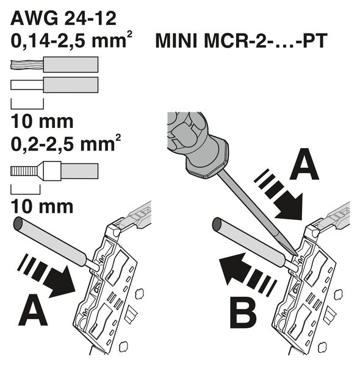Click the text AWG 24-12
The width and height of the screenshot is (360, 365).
coord(63,18)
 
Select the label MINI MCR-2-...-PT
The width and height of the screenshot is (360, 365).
coord(241,41)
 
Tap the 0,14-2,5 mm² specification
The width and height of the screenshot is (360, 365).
coord(71,40)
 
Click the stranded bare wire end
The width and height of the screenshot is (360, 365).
coord(27,65)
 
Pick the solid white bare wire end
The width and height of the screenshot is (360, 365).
coord(27,85)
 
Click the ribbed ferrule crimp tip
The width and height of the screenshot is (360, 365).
coord(24,171)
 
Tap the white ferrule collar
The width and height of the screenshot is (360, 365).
coord(49,171)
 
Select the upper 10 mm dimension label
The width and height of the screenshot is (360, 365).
coord(42,121)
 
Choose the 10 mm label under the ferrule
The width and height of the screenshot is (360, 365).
coord(42,207)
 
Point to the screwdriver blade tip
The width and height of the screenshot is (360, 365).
coord(297,255)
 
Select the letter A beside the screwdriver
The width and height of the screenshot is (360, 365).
coord(304,164)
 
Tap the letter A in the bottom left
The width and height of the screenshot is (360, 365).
coord(33,310)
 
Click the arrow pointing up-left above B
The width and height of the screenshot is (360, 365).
coord(248,274)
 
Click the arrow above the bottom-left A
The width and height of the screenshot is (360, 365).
coord(46,276)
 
